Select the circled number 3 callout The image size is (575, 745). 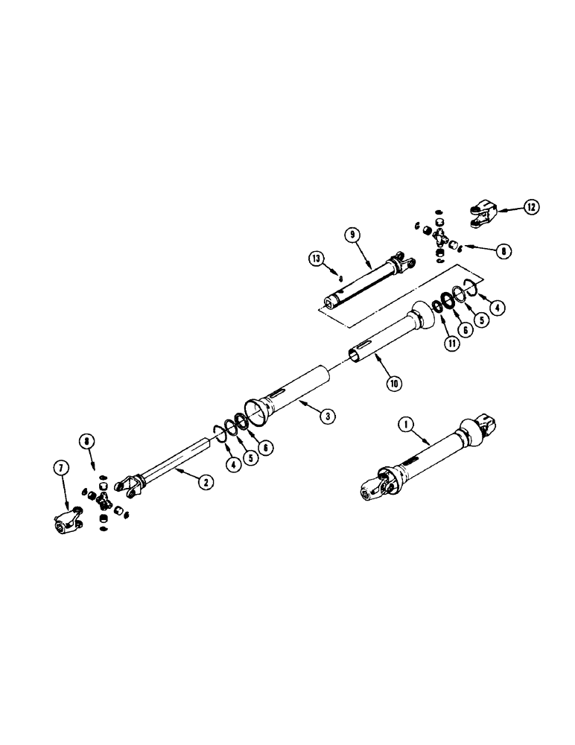pos(326,417)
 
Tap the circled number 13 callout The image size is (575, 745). pos(316,259)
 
